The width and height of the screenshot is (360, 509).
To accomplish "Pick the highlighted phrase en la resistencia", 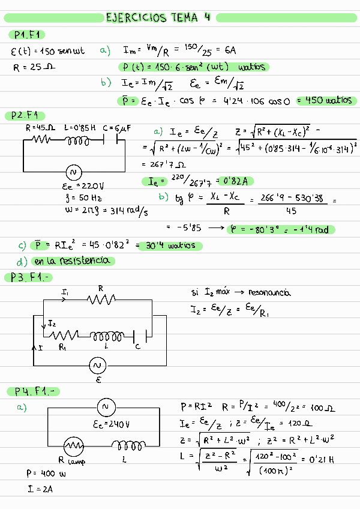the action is click(71, 261).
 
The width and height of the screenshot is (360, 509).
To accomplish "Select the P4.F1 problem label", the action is click(37, 391).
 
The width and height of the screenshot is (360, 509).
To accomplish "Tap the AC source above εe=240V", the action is click(105, 408).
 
